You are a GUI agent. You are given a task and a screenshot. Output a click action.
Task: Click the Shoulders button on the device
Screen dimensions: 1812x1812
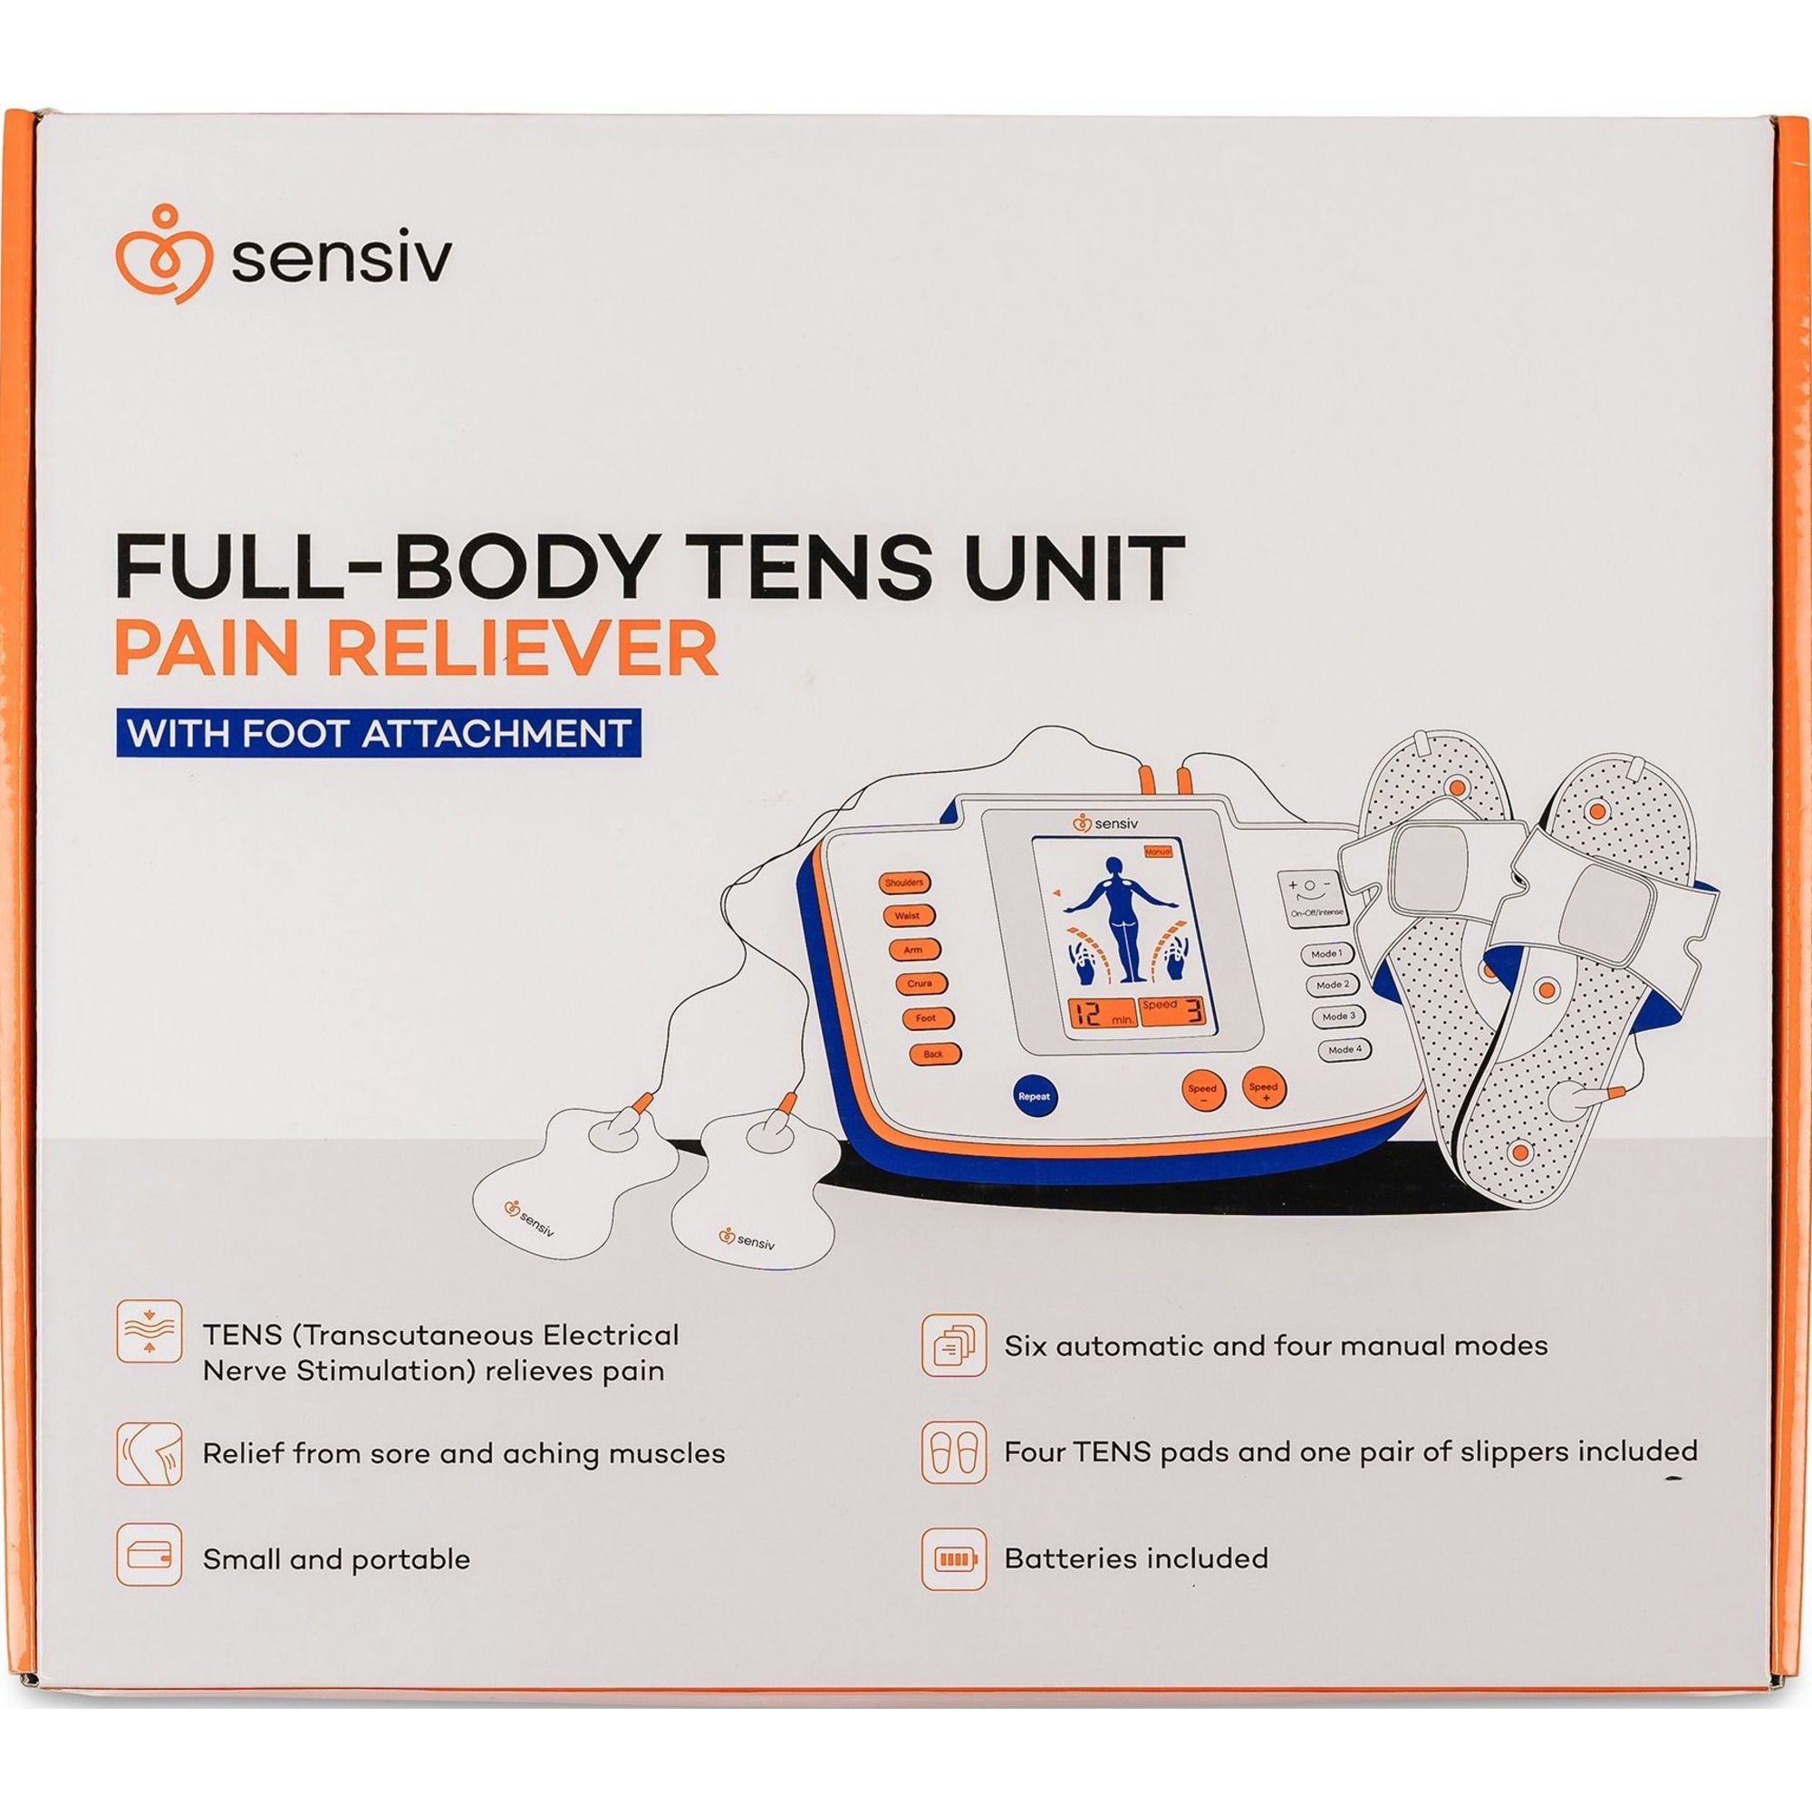coord(903,882)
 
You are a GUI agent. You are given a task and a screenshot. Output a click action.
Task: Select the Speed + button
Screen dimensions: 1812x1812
coord(1263,1087)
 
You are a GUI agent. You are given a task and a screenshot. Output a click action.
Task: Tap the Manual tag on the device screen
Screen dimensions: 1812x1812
coord(1161,851)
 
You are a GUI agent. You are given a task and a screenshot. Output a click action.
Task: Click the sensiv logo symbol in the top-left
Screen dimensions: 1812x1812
coord(161,252)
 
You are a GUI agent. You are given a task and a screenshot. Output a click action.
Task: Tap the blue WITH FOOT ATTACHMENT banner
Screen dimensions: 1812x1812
coord(379,732)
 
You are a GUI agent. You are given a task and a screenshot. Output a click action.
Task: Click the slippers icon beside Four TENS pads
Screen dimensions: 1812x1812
coord(954,1453)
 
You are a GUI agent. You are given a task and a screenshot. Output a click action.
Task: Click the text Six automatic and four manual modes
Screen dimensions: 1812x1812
coord(1276,1347)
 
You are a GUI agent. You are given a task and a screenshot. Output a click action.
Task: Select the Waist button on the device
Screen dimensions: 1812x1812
coord(907,915)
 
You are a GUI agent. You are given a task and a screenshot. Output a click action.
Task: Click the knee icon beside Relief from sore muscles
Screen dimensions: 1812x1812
coord(149,1454)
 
